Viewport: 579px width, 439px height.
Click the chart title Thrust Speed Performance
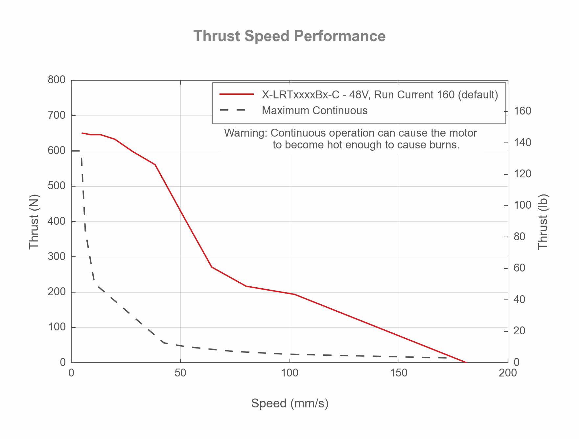289,36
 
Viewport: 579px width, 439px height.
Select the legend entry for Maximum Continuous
314,111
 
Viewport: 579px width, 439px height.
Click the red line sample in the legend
236,94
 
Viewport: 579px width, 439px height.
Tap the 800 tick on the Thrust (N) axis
57,80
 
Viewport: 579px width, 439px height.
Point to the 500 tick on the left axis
57,186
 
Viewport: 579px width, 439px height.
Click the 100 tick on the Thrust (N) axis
57,327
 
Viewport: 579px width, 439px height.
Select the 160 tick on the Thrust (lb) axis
522,111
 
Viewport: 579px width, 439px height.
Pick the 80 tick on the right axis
519,237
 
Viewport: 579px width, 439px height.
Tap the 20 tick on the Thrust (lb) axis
519,331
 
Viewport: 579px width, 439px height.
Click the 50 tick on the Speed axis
180,373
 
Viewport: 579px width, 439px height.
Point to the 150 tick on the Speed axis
399,373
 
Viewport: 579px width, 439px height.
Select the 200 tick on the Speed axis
508,373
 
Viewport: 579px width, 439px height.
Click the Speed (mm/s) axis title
289,403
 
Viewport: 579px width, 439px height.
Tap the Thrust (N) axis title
34,221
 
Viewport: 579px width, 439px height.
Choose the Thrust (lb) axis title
544,221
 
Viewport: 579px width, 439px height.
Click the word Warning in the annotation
245,133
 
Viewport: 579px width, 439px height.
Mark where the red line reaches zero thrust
467,362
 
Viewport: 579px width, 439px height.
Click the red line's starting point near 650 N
82,133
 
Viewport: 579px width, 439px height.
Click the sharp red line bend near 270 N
212,267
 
